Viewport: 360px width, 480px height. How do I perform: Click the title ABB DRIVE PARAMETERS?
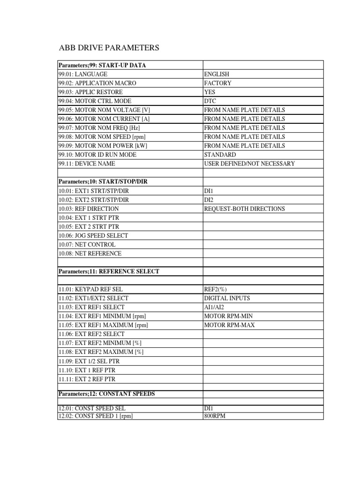tap(109, 48)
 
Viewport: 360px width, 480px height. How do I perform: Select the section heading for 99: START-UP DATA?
tap(102, 65)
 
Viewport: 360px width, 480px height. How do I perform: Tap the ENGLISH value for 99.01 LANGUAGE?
tap(217, 74)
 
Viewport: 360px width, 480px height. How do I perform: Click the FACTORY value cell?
tap(217, 83)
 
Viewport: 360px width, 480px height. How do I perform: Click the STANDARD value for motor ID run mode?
tap(220, 154)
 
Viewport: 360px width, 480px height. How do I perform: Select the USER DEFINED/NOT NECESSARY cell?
tap(249, 164)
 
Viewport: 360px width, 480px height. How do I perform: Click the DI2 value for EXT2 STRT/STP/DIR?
tap(208, 199)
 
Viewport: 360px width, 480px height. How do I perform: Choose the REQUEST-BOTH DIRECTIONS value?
tap(244, 209)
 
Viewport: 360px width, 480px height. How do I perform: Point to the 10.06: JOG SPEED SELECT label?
tap(93, 235)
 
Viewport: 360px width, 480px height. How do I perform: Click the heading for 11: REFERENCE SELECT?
tap(109, 271)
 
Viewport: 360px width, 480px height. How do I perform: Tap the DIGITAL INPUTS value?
tap(227, 298)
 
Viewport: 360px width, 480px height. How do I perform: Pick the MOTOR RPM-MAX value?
tap(229, 325)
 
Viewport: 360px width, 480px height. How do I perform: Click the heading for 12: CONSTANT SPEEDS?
tap(106, 394)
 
